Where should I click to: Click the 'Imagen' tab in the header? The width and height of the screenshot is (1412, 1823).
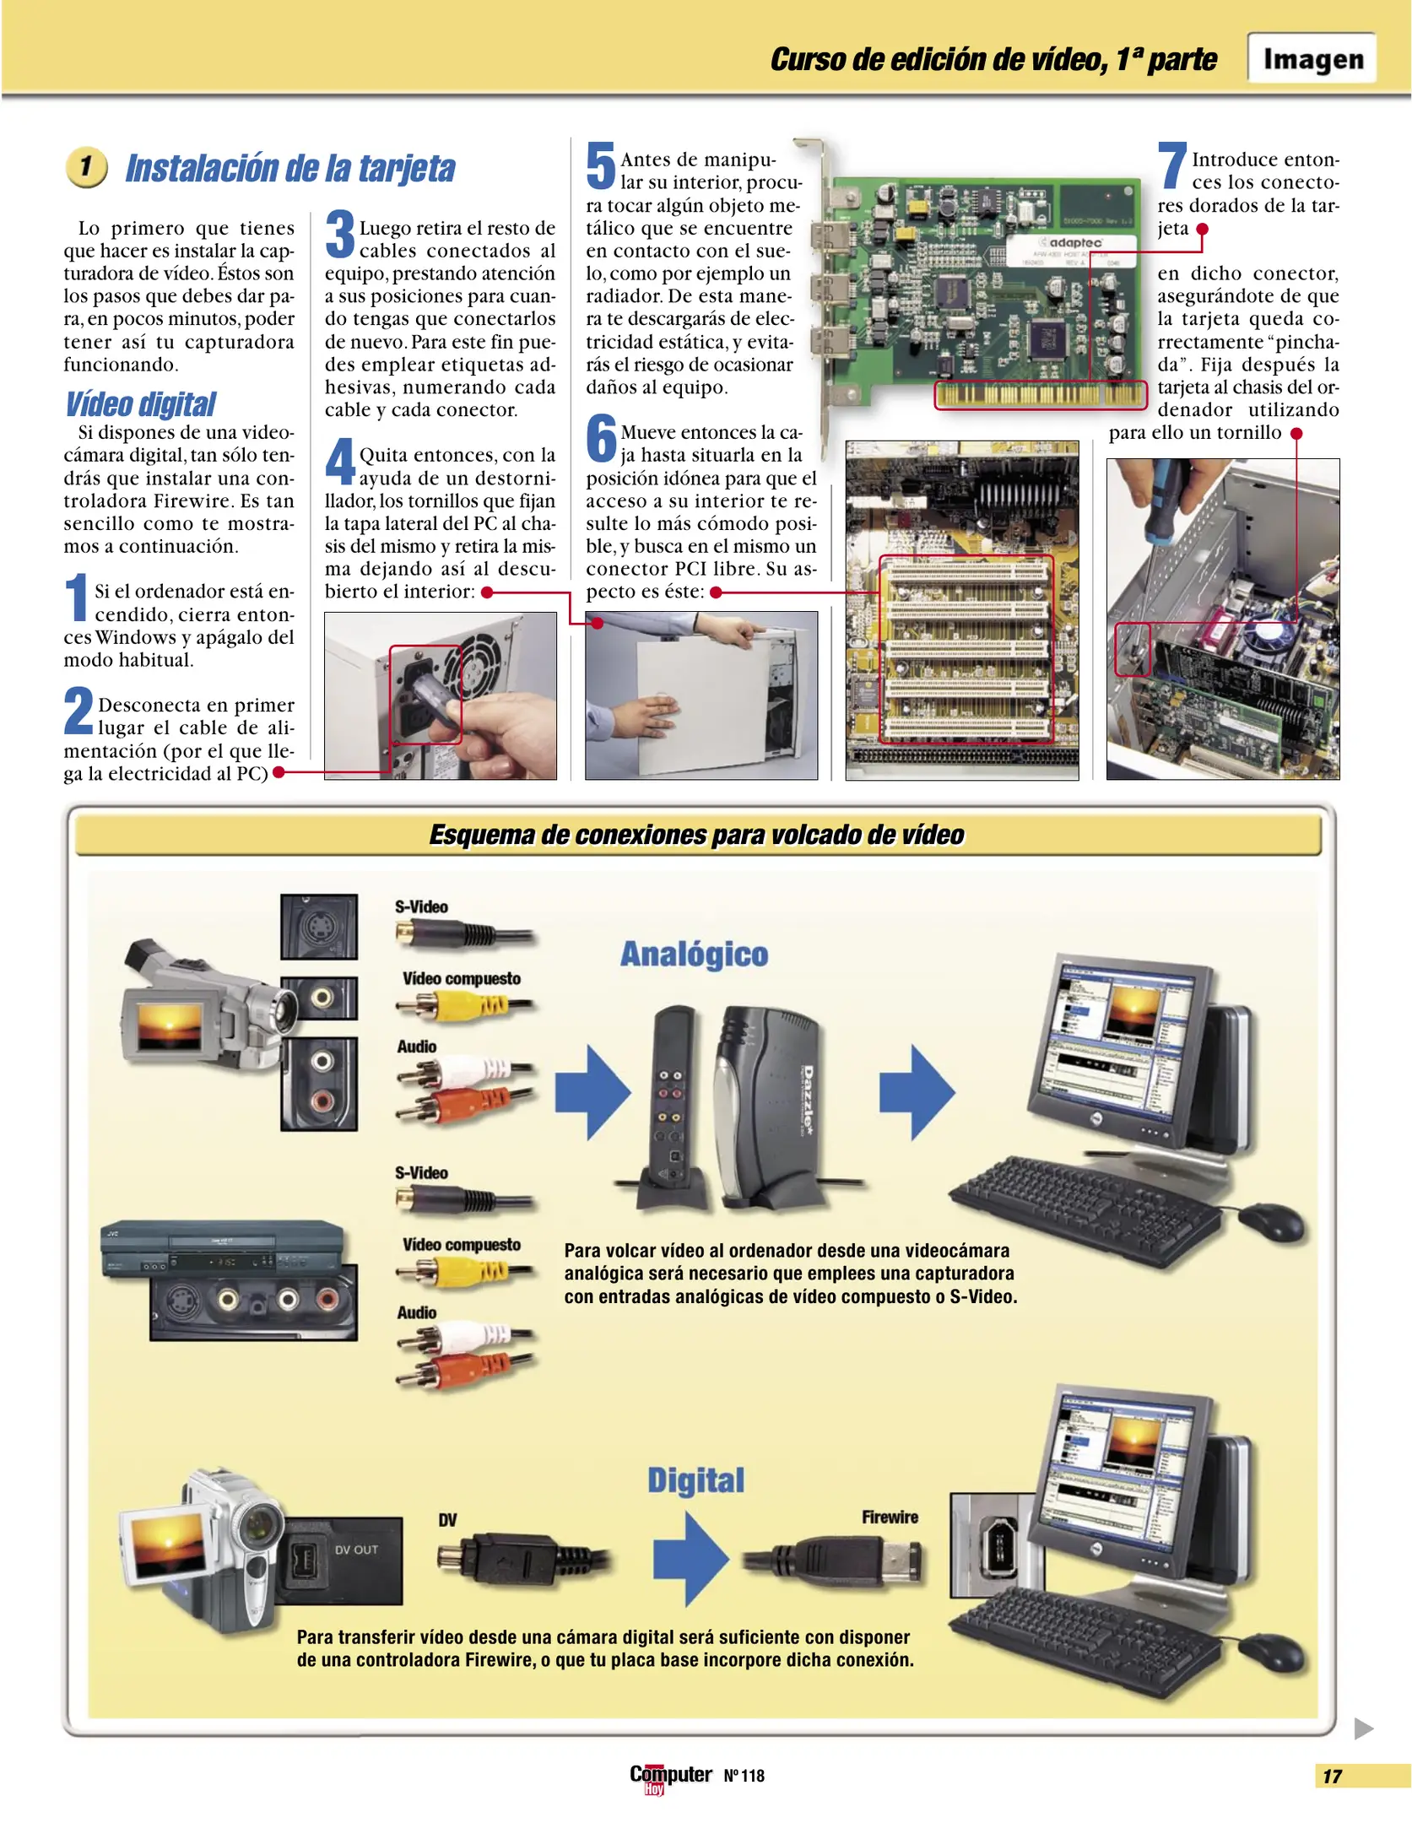click(x=1312, y=58)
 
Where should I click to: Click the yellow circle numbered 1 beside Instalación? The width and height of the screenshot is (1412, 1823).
click(x=86, y=166)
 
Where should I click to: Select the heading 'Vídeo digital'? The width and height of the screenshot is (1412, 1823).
click(x=140, y=404)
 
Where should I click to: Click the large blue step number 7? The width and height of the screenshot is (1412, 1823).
click(x=1172, y=165)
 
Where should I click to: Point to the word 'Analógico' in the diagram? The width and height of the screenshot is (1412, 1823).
click(x=694, y=954)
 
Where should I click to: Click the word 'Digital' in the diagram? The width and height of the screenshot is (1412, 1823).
click(x=695, y=1480)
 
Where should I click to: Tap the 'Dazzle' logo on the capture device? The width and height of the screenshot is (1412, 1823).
click(x=808, y=1098)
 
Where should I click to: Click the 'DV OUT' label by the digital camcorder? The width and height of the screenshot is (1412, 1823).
click(x=356, y=1550)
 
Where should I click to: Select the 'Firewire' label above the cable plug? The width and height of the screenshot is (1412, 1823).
click(x=890, y=1517)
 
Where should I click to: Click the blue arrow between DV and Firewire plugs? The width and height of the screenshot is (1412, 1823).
click(x=690, y=1559)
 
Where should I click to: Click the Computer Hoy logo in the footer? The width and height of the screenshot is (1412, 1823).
click(x=670, y=1776)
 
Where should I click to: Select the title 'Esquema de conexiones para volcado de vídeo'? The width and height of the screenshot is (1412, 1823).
click(x=696, y=835)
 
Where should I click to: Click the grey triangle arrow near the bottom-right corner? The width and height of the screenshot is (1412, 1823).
click(x=1363, y=1728)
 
